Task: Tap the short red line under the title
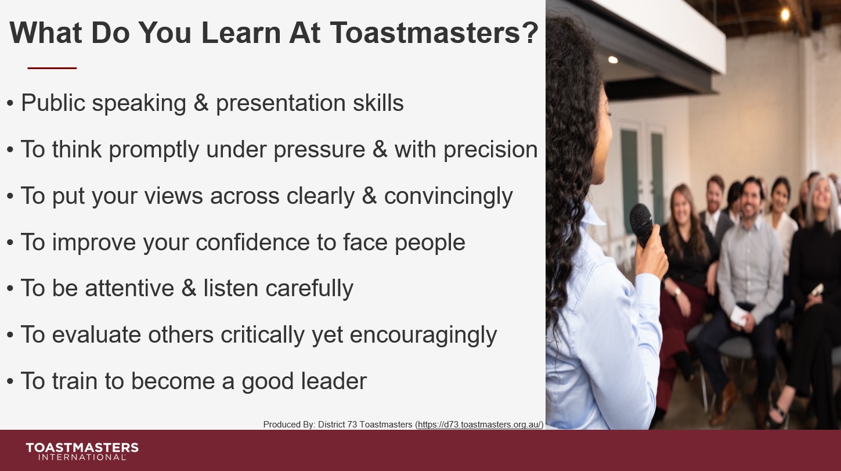point(52,68)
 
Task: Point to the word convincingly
point(448,196)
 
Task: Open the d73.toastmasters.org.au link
point(479,425)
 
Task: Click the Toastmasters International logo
point(82,451)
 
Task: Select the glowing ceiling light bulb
point(785,14)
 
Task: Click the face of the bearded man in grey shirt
point(752,199)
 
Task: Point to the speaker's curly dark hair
point(569,145)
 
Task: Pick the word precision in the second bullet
point(490,150)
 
